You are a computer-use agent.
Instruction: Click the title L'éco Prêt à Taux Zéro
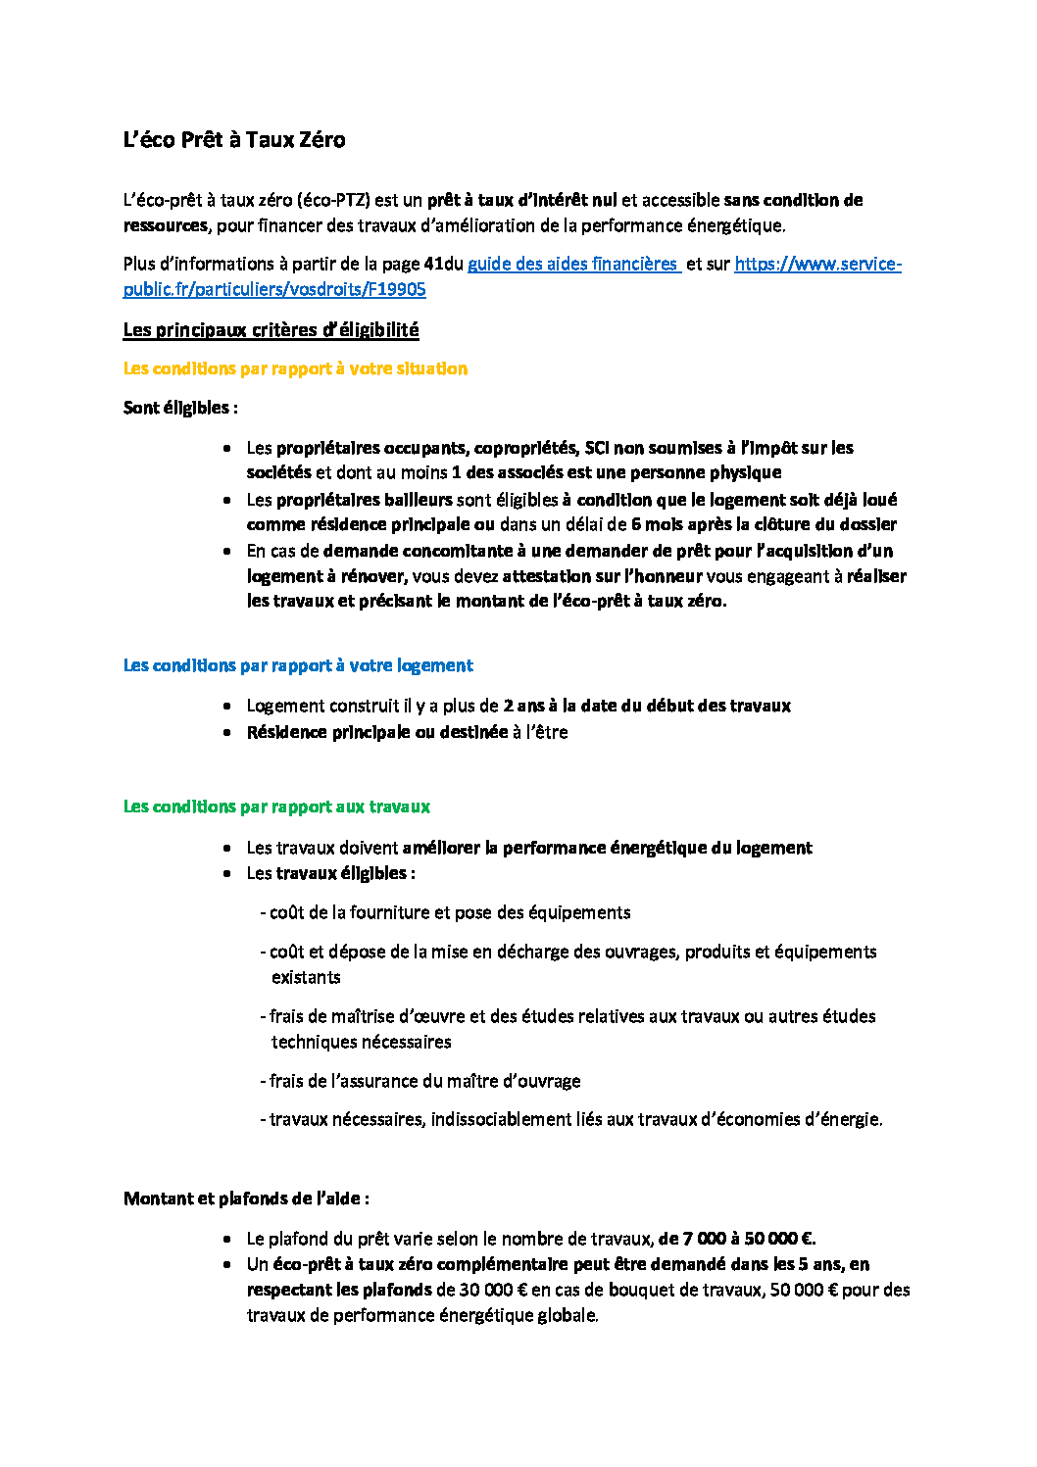point(234,140)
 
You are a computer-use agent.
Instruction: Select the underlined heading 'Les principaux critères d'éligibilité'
point(271,330)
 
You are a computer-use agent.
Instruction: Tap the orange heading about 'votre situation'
point(295,369)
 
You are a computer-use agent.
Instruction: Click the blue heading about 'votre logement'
point(298,666)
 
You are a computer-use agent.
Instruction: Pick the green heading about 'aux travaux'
point(276,807)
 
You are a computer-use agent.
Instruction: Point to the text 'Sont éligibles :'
point(180,408)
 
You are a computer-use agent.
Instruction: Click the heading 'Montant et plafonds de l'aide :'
point(246,1198)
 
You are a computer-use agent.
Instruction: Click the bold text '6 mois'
point(656,524)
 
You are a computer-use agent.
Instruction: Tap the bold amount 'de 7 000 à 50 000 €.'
point(737,1239)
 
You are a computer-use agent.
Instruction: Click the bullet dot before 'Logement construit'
point(227,707)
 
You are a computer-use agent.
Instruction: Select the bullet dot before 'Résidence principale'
point(227,733)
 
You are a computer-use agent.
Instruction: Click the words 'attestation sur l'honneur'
point(602,576)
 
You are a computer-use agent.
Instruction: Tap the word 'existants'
point(306,978)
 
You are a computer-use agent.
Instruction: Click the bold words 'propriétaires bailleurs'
point(364,500)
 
